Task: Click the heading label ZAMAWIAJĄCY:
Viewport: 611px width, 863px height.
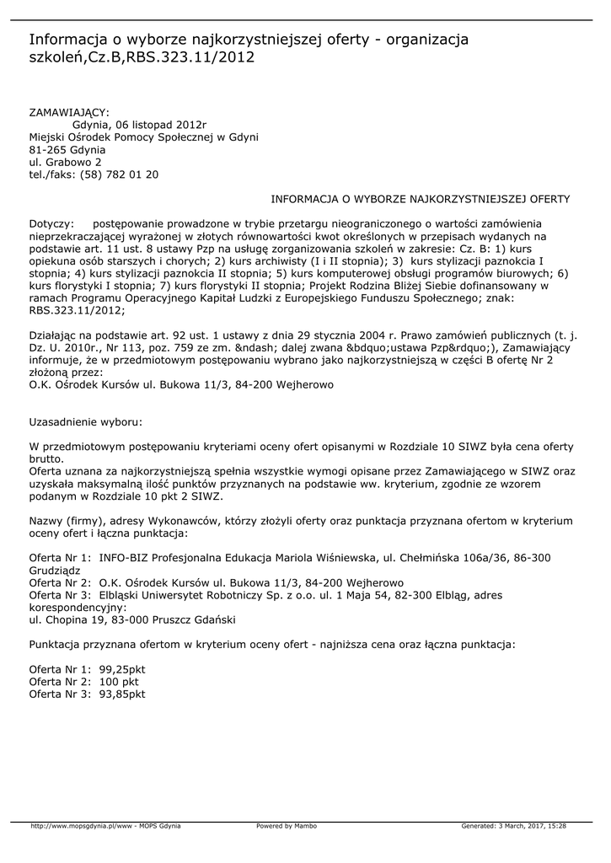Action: point(69,111)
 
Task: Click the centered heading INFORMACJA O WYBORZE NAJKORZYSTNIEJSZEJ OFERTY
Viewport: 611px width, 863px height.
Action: point(421,199)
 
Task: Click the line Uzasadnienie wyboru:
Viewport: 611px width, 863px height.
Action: point(85,420)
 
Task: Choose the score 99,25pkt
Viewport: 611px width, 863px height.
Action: point(122,668)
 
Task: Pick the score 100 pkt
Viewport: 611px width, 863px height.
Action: point(119,681)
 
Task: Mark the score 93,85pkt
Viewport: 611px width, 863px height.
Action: point(122,694)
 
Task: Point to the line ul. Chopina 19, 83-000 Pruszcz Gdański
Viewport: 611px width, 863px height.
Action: point(132,619)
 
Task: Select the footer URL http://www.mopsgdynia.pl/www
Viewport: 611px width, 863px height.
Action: point(81,826)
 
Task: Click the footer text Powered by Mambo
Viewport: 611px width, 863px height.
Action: point(287,826)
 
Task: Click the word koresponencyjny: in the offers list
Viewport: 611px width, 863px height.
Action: point(78,607)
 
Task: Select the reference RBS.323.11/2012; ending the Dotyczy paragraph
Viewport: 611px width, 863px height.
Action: point(77,310)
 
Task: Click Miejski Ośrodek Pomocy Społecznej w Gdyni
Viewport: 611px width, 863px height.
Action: point(143,137)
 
